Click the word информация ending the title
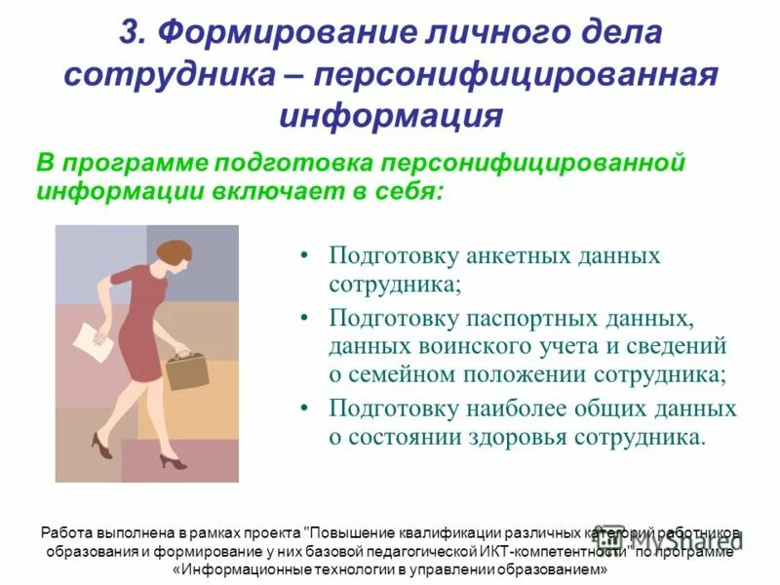(390, 116)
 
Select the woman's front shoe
(171, 461)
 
